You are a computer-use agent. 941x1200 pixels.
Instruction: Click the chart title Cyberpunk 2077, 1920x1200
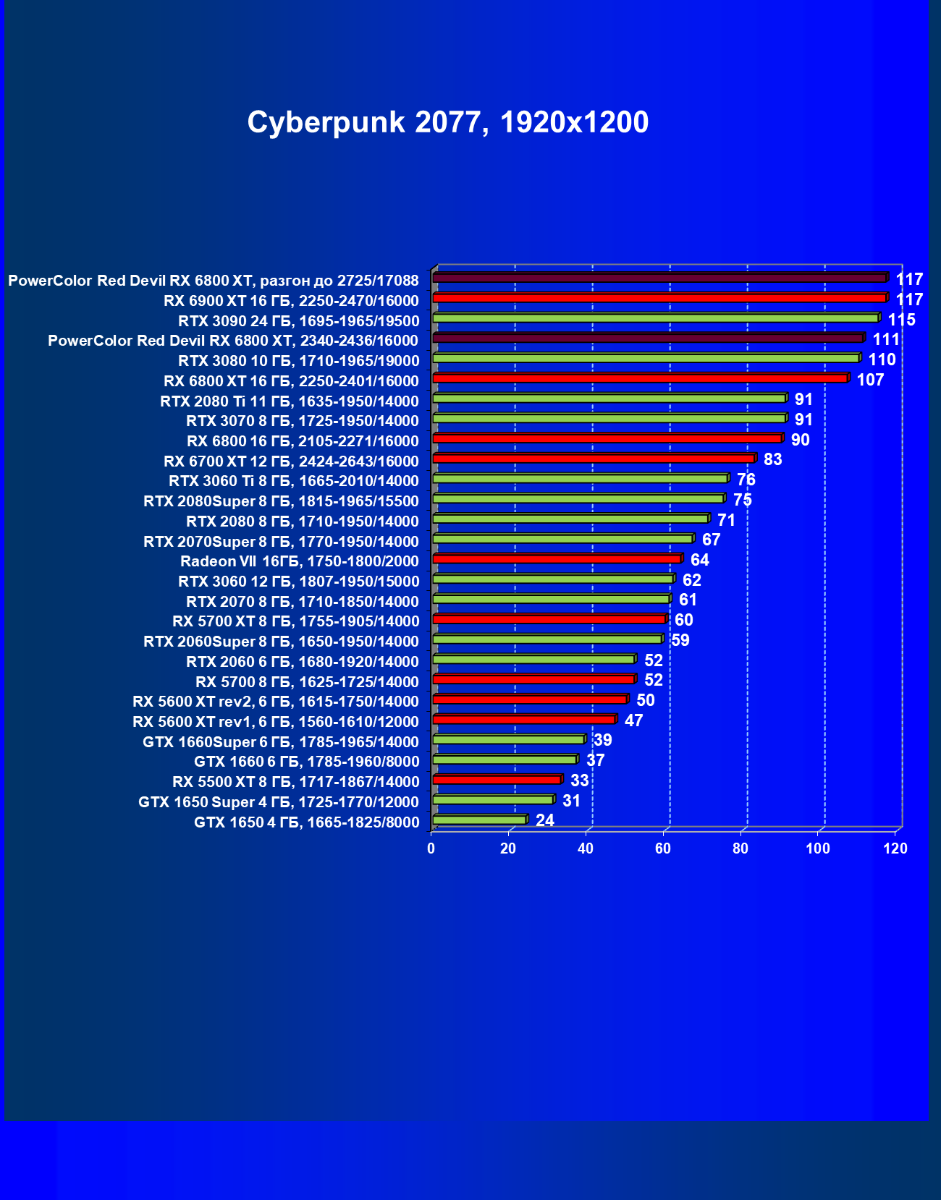point(447,122)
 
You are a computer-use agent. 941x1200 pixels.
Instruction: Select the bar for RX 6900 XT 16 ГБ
point(659,298)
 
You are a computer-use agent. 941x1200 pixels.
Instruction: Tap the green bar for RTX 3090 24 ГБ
point(655,318)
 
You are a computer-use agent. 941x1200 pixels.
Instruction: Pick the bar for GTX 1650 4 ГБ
point(479,820)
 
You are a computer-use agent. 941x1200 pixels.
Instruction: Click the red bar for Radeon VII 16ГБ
point(557,559)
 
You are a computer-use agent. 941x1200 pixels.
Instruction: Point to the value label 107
point(870,380)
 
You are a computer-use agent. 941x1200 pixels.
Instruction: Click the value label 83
point(772,460)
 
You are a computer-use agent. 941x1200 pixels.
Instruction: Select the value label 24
point(544,820)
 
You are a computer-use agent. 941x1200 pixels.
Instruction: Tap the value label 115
point(901,320)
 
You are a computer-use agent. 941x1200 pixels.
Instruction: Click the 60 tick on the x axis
point(663,848)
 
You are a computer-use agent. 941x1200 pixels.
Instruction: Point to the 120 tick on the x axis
point(895,848)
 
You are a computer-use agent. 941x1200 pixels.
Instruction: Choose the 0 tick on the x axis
point(431,848)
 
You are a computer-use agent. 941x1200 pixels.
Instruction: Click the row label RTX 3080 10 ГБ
point(298,361)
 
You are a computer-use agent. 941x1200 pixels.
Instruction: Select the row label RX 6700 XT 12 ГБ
point(291,461)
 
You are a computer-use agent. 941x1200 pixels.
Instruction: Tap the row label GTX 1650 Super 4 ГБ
point(278,802)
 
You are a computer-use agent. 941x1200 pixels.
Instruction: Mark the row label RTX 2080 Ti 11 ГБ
point(289,401)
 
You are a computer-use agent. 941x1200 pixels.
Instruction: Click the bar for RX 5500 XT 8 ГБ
point(497,780)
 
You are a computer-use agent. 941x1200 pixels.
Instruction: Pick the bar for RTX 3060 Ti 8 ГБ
point(580,479)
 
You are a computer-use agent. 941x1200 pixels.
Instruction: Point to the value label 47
point(633,720)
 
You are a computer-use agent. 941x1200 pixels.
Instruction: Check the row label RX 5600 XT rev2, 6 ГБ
point(275,702)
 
